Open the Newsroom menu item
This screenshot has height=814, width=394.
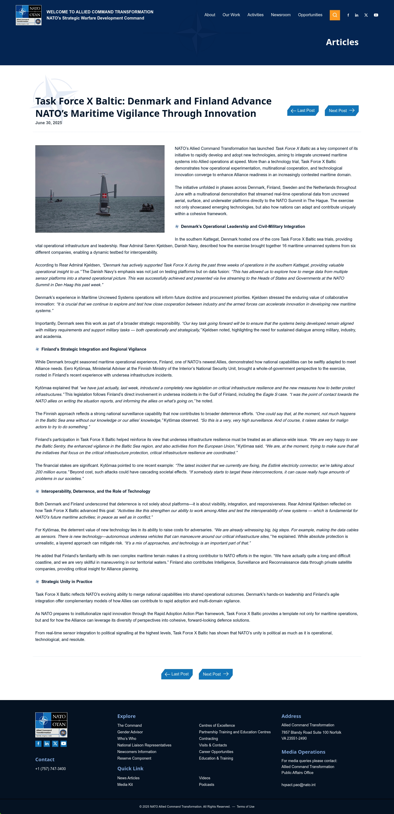tap(281, 15)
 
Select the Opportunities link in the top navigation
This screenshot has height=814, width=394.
tap(310, 15)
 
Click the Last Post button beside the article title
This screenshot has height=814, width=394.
tap(303, 111)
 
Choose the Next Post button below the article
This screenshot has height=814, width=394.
tap(215, 674)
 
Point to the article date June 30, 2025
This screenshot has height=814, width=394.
tap(49, 123)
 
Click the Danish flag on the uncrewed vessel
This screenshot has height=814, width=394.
tap(104, 196)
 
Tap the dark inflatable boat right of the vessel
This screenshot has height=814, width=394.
tap(147, 207)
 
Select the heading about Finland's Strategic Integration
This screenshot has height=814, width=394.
tap(94, 349)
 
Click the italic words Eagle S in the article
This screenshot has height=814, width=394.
tap(270, 394)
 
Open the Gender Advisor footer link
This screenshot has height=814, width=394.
tap(130, 732)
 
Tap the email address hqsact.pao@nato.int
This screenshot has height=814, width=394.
tap(298, 785)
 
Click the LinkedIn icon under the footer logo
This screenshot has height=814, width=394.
tap(47, 744)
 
